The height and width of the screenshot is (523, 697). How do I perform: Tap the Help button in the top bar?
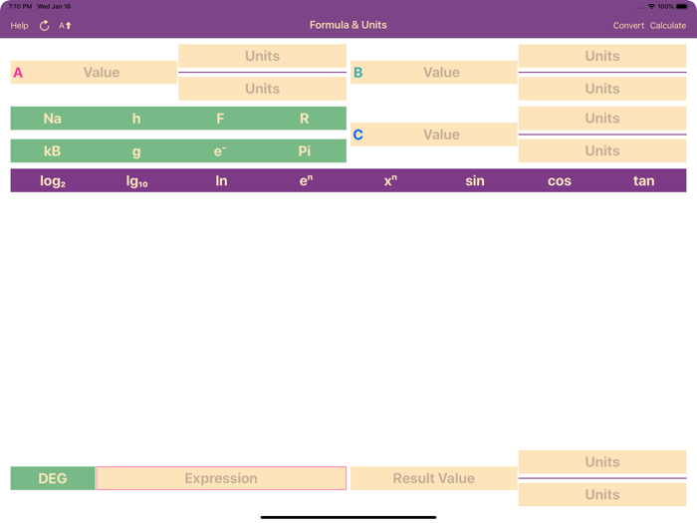pos(19,26)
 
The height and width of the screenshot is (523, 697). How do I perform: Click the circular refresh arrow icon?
pos(44,26)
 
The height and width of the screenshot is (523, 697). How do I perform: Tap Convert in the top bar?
pos(628,26)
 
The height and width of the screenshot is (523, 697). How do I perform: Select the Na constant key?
pos(53,119)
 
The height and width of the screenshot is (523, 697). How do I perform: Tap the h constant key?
pos(136,119)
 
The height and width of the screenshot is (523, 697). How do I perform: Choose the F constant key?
pos(220,119)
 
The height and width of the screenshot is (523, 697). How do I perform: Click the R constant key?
pos(305,119)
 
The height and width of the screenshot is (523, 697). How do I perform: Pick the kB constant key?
pos(53,151)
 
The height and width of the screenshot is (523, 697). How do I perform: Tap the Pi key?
pos(305,151)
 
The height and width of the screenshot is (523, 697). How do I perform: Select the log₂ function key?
pos(53,181)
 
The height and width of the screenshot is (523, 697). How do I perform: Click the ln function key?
pos(221,181)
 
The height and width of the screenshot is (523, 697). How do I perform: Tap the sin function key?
pos(475,181)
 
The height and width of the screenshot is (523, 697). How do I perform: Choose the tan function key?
pos(643,181)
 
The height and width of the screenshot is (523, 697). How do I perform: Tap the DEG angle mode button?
pos(53,478)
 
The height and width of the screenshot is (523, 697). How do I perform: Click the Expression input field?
pos(221,478)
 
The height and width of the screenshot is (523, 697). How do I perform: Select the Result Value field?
pos(433,478)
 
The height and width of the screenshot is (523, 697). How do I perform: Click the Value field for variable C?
pos(441,134)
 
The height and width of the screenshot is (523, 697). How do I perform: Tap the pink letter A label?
pos(18,73)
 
